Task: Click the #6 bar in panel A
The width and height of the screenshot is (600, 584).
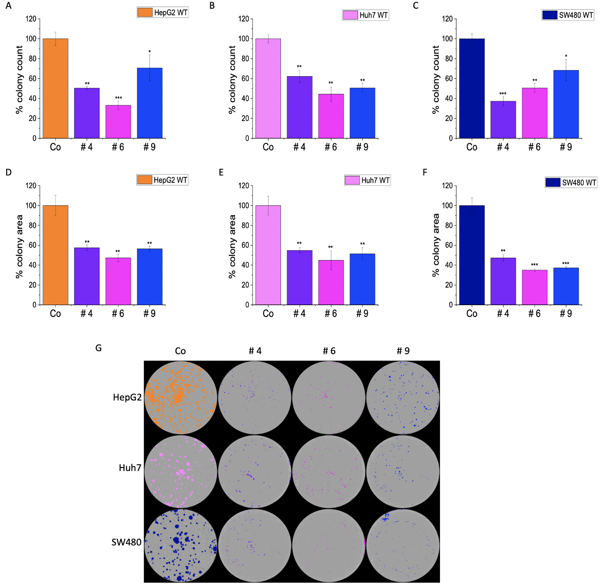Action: tap(118, 122)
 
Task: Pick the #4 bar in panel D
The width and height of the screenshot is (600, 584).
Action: tap(86, 276)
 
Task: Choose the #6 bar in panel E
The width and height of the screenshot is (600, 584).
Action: tap(331, 282)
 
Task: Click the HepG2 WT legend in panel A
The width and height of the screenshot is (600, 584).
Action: tap(163, 12)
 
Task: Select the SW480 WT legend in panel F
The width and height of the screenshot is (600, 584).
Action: tap(571, 182)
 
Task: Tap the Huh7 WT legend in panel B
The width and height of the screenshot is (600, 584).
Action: tap(366, 15)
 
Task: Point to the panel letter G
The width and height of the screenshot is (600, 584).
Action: tap(98, 348)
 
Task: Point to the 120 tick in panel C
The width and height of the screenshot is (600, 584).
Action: tap(447, 19)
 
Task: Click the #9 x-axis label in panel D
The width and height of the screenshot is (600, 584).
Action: tap(149, 314)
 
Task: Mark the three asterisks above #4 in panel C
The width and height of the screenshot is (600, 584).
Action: tap(503, 94)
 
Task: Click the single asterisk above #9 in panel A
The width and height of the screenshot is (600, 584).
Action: tap(149, 52)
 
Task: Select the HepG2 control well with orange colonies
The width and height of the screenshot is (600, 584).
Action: tap(181, 398)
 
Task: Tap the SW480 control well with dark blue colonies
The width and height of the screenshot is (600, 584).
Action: tap(181, 545)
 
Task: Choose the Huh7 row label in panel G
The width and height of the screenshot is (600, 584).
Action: tap(130, 468)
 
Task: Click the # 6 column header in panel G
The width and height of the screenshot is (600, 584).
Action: tap(329, 351)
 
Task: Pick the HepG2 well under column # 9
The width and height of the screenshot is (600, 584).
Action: tap(403, 398)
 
